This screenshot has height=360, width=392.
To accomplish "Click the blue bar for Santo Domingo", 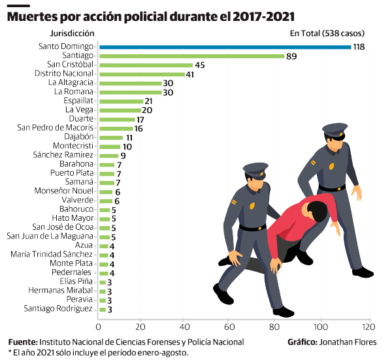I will (222, 47).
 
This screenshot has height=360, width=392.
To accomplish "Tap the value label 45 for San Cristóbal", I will (200, 65).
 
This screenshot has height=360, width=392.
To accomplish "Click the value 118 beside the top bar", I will (357, 47).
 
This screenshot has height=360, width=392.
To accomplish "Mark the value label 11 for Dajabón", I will (129, 138).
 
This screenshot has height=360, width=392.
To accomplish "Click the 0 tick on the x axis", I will (99, 326).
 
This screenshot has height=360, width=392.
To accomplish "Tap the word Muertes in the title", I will (31, 15).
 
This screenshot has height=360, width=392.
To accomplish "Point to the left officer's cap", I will (255, 171).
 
